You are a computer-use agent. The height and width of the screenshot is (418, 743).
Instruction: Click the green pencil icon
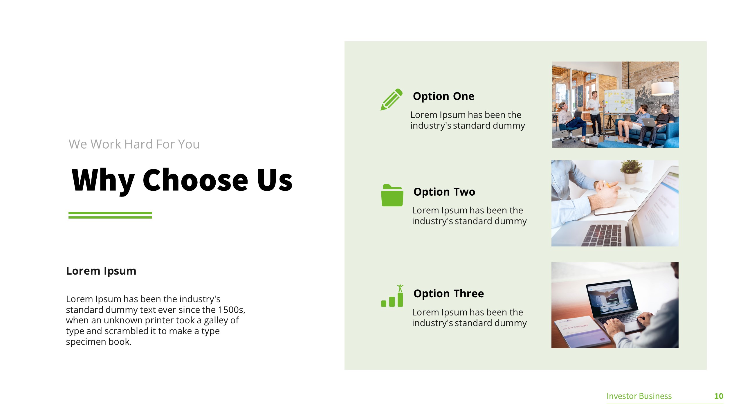click(x=392, y=99)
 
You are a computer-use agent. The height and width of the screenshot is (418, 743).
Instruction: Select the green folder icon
click(x=392, y=195)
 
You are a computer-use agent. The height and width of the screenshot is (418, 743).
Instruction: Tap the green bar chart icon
click(x=392, y=296)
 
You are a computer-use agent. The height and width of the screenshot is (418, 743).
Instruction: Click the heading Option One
click(x=443, y=96)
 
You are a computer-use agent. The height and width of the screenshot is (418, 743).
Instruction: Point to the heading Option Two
click(x=444, y=192)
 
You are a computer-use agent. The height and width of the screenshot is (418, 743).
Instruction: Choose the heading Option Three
click(x=449, y=293)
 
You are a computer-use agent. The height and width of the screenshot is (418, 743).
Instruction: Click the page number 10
click(x=719, y=396)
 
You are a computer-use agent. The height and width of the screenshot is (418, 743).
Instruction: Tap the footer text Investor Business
click(x=639, y=396)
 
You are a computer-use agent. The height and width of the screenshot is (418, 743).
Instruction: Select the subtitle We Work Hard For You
click(x=134, y=144)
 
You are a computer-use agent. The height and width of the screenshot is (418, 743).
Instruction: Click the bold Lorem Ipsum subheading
click(x=101, y=271)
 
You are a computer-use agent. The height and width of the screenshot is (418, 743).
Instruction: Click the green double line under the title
click(x=110, y=215)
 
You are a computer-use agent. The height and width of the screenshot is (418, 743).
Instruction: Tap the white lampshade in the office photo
click(x=662, y=88)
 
